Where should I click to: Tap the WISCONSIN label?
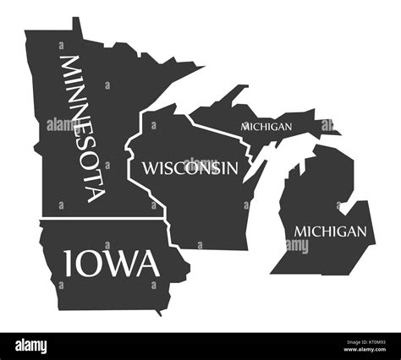point(190,167)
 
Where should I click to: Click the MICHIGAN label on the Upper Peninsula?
point(266,126)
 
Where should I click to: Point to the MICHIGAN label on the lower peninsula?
point(331,231)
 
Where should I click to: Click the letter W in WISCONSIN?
point(150,167)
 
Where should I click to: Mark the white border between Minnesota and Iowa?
point(102,219)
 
